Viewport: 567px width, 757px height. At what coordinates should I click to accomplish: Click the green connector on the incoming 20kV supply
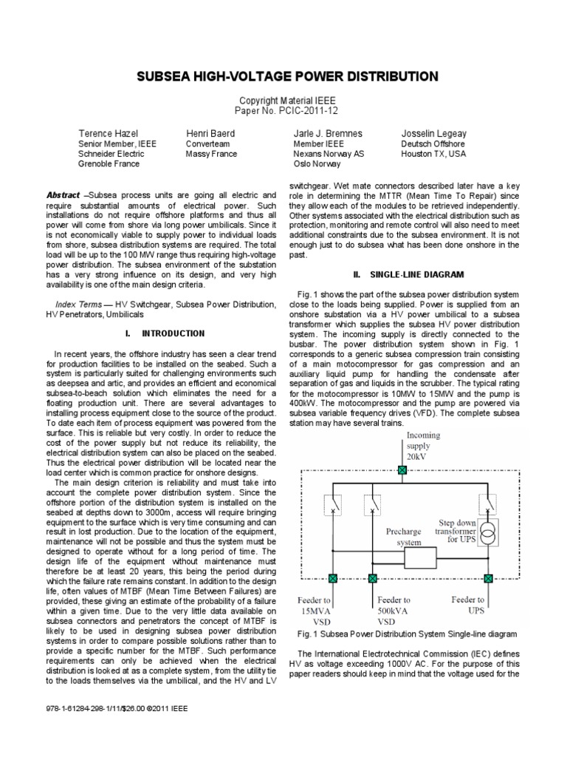(x=402, y=470)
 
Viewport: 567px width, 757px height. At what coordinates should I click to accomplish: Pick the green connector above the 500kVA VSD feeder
(x=372, y=578)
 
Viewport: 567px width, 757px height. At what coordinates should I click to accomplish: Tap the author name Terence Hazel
(x=109, y=133)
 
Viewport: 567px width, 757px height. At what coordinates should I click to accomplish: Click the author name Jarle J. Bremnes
(x=328, y=133)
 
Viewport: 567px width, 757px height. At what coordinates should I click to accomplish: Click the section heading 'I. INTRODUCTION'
(x=165, y=333)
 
